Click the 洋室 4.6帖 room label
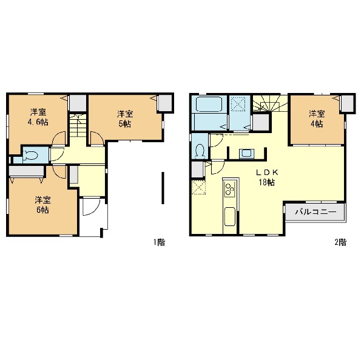tap(38, 117)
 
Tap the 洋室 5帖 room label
tap(125, 119)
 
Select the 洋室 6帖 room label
tap(42, 205)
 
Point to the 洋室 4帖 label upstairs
tap(317, 119)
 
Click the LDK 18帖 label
tap(267, 177)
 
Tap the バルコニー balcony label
tap(315, 212)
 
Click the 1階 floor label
tap(159, 242)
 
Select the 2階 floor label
tap(340, 242)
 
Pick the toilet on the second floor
tap(200, 149)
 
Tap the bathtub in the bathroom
tap(209, 105)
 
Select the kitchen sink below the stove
tap(230, 216)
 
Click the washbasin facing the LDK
tap(247, 154)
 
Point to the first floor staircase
tap(78, 126)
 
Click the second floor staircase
tap(270, 103)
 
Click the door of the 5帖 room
tap(97, 139)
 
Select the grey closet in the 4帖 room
tap(347, 103)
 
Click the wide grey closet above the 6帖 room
tap(26, 171)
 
